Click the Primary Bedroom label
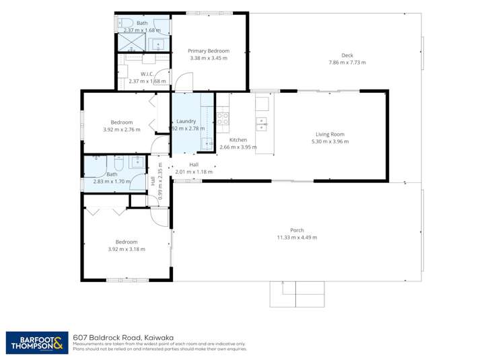point(209,50)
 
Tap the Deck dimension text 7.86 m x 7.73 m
point(347,63)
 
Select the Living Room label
point(330,134)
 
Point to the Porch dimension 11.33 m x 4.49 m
point(297,237)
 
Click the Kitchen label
point(239,139)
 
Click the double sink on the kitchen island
point(262,123)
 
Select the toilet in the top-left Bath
point(127,24)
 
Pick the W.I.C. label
point(147,73)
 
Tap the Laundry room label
point(186,121)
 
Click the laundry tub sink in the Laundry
point(209,142)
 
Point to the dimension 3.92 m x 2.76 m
point(122,129)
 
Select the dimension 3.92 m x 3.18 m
point(127,249)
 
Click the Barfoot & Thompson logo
point(38,343)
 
